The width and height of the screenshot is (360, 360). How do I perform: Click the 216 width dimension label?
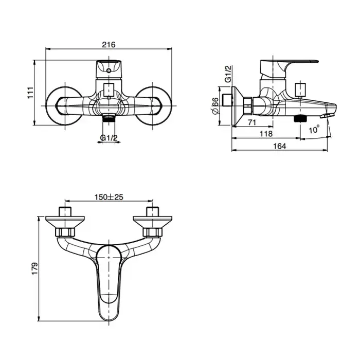[109, 45]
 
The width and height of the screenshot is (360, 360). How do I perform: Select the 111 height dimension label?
[30, 93]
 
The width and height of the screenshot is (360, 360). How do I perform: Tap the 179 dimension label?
[34, 268]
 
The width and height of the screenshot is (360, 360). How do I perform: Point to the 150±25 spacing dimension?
[109, 197]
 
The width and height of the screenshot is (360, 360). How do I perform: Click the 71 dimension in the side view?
[252, 122]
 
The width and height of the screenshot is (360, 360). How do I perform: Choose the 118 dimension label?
[266, 134]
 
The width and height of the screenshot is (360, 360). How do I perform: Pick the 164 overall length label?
[280, 146]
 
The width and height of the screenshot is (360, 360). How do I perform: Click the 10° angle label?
[314, 130]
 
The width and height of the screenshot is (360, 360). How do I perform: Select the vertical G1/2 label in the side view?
[228, 74]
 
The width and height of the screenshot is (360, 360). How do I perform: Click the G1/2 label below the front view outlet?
[109, 138]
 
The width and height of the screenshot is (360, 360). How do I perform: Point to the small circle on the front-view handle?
[109, 70]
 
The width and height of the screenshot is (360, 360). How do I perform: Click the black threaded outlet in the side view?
[300, 118]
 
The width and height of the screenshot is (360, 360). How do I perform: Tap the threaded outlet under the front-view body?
[109, 118]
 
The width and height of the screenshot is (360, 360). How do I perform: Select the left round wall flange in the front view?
[64, 106]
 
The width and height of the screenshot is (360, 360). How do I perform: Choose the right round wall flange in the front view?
[153, 106]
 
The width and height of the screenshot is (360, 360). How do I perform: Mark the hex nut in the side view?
[248, 105]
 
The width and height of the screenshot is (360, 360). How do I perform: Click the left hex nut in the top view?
[65, 232]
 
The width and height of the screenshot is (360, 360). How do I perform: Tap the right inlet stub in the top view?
[153, 211]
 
